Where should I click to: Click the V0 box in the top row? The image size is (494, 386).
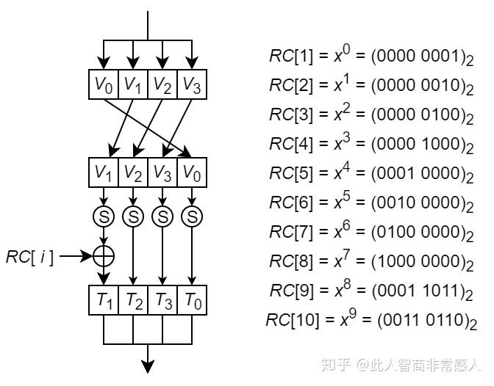(104, 85)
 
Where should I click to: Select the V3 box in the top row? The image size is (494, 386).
(192, 85)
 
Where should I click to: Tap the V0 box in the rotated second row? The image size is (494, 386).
(192, 173)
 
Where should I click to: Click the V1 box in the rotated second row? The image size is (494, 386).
(104, 173)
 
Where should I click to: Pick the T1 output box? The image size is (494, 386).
(104, 300)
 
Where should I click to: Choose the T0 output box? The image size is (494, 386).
(192, 300)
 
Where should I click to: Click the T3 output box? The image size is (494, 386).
(162, 300)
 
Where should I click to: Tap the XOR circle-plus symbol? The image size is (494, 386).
(104, 256)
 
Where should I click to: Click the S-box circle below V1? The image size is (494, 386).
(104, 217)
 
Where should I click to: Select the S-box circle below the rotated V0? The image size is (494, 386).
(192, 217)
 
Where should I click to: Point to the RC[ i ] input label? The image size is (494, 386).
(29, 257)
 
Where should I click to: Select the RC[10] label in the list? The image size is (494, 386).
(290, 321)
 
